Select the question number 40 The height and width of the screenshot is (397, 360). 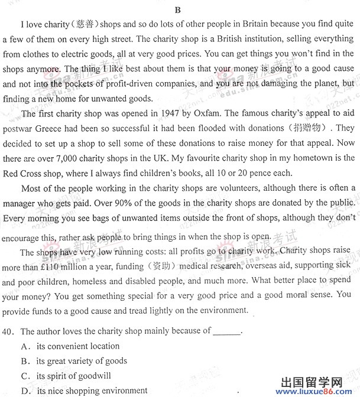pyautogui.click(x=9, y=331)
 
